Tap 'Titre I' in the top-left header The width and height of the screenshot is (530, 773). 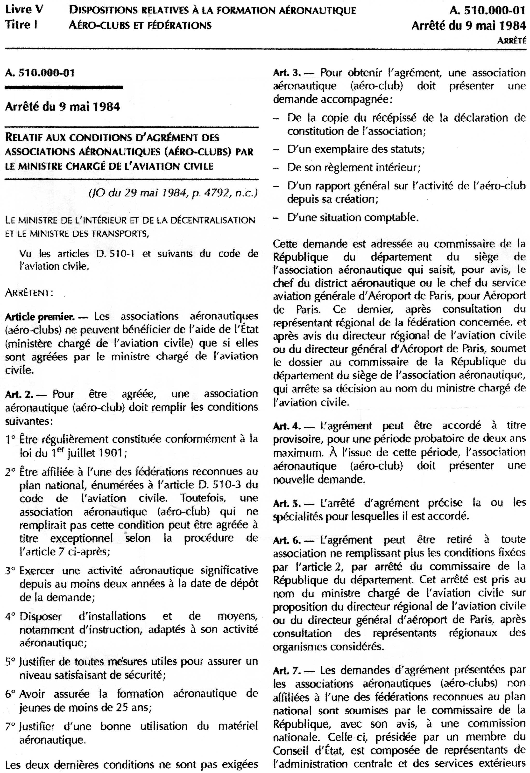[21, 25]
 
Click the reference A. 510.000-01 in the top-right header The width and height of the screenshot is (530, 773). [488, 11]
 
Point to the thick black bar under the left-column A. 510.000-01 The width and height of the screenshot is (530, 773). [64, 88]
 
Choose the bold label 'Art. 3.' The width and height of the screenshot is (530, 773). [287, 73]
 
